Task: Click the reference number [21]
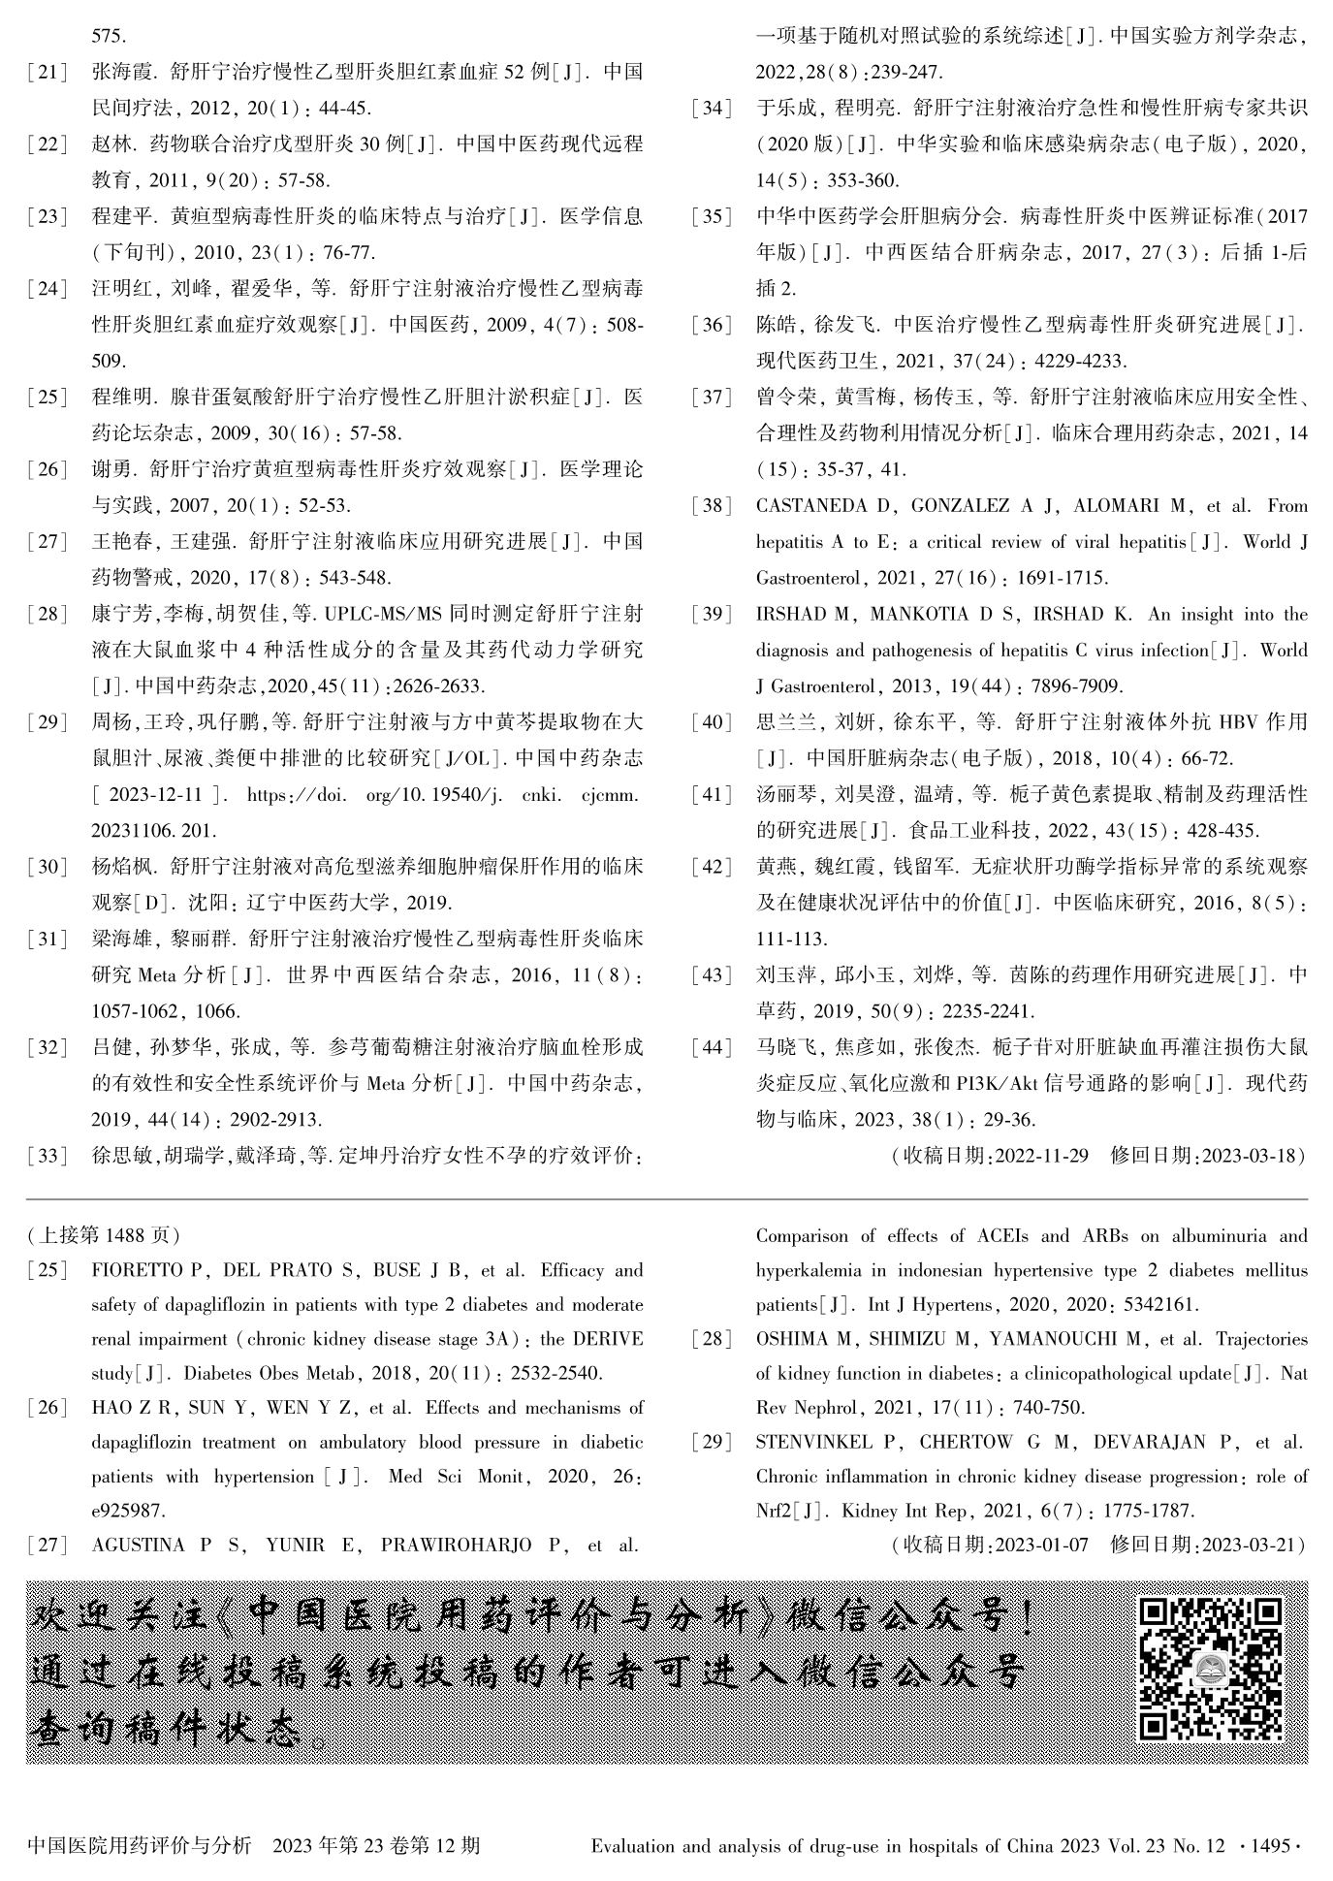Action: (x=48, y=73)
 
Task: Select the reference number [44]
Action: (x=713, y=1047)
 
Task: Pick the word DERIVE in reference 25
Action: (x=607, y=1340)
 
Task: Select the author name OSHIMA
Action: (x=794, y=1340)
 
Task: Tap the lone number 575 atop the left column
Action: (x=108, y=37)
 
